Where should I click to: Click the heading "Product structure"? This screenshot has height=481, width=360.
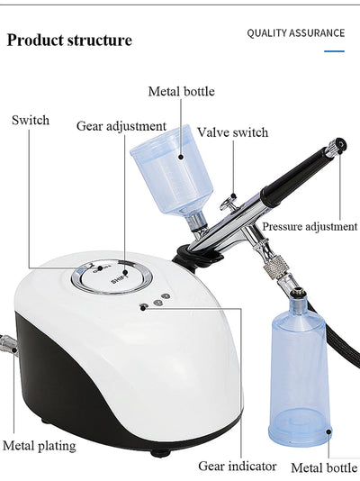click(x=69, y=41)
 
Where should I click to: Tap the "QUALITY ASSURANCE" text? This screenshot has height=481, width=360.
click(x=295, y=33)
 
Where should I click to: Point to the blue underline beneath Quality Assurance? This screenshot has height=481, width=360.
click(x=334, y=50)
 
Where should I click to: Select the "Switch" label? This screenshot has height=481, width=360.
click(x=31, y=120)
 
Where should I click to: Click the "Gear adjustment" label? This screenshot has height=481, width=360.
click(x=121, y=126)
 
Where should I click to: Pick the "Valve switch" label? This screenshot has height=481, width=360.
click(x=232, y=132)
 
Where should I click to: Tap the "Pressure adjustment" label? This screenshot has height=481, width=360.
click(x=310, y=226)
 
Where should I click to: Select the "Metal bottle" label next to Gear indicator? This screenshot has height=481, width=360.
click(x=324, y=467)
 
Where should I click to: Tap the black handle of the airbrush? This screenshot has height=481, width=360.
click(x=297, y=171)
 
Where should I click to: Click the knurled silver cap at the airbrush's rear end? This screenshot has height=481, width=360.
click(x=338, y=144)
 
